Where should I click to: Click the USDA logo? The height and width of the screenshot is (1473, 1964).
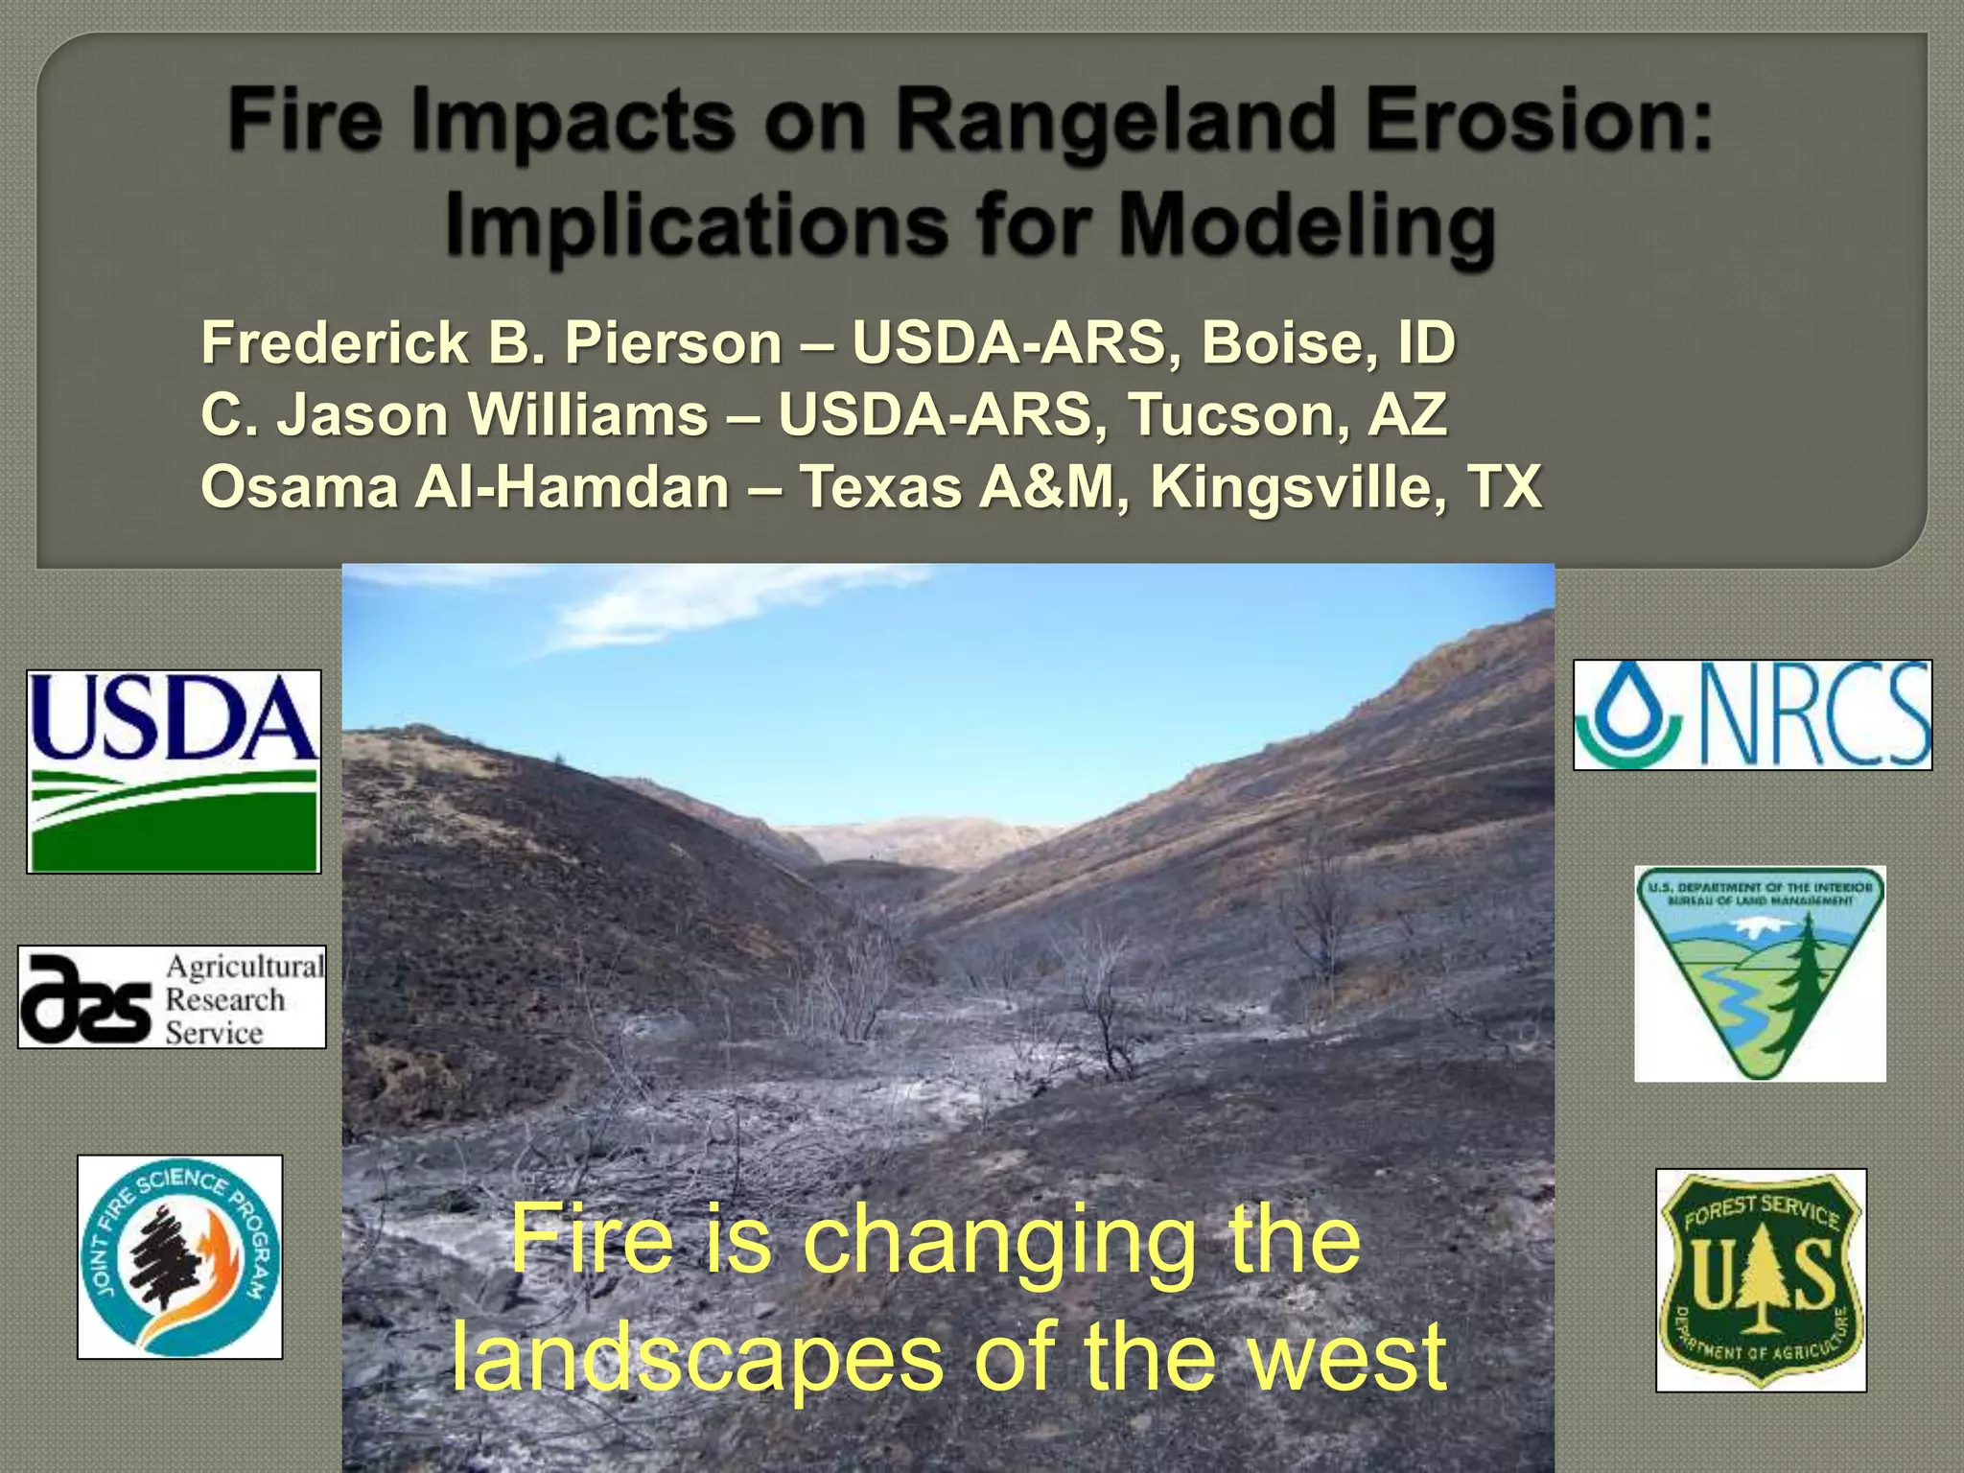click(x=174, y=771)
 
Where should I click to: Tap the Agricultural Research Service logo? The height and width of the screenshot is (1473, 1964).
click(x=172, y=997)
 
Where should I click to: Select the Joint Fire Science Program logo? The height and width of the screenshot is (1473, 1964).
click(x=180, y=1256)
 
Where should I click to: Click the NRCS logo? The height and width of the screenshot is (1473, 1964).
click(x=1752, y=714)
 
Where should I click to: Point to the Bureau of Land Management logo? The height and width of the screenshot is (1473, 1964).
click(x=1760, y=973)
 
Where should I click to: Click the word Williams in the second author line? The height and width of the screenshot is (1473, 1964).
click(x=588, y=414)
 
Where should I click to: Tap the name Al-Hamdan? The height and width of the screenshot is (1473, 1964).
click(x=572, y=486)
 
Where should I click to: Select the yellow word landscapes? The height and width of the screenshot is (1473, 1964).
click(x=697, y=1356)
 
